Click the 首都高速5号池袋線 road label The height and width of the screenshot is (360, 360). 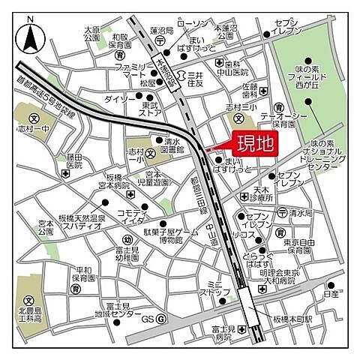click(x=46, y=88)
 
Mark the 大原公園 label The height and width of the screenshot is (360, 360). click(x=91, y=31)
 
